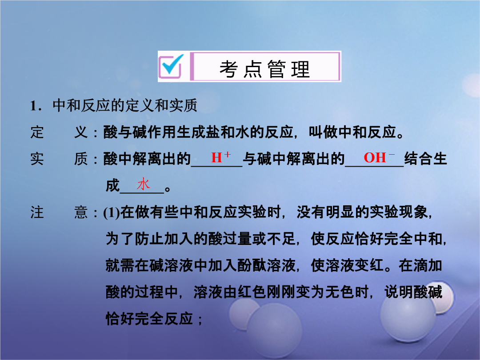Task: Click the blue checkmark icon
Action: [x=171, y=65]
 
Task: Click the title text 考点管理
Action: [x=265, y=69]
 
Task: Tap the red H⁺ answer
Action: [x=221, y=157]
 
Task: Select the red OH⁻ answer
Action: [x=379, y=157]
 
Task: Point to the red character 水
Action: [x=143, y=184]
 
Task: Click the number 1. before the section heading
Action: [x=36, y=106]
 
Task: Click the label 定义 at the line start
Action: [x=59, y=132]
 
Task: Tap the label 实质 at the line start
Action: [x=59, y=159]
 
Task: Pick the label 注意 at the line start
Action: [x=59, y=212]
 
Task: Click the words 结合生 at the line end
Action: [x=425, y=159]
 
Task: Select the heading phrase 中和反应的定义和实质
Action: [x=125, y=106]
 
